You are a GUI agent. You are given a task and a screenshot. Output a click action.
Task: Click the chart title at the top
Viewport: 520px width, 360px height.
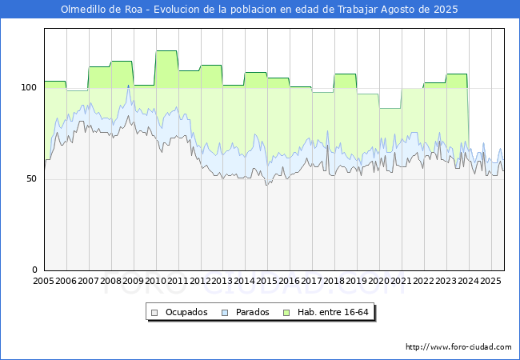(259, 10)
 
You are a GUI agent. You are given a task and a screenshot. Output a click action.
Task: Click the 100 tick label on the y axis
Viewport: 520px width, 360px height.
(29, 87)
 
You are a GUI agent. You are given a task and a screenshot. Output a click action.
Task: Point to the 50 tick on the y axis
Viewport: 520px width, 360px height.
(32, 179)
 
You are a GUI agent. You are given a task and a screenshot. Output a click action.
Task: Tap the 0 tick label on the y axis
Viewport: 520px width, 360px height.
(35, 270)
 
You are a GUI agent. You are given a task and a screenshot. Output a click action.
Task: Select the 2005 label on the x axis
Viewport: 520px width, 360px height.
(43, 281)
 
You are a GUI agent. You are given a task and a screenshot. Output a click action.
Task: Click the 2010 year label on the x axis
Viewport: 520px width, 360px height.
(155, 281)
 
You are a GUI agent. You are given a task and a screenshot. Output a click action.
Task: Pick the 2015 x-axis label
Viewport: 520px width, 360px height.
(267, 281)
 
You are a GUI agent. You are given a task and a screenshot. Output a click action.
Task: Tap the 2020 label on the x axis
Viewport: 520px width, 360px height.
(379, 281)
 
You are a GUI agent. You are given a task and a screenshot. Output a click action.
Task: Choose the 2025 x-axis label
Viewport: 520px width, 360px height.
(490, 281)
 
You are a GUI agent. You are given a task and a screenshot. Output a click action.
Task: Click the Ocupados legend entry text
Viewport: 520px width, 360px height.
(186, 312)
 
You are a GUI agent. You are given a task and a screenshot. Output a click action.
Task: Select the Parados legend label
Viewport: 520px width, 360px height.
(252, 312)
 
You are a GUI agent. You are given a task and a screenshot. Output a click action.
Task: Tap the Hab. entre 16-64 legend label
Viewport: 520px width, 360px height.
(333, 312)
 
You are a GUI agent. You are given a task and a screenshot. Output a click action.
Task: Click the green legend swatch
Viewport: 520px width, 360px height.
(286, 313)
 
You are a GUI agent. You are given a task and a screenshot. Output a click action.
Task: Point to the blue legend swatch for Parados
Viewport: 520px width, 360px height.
(225, 313)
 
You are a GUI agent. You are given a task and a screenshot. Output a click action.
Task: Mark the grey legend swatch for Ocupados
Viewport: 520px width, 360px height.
(154, 313)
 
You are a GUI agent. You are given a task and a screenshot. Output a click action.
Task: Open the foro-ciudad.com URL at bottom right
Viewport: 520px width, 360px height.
(458, 347)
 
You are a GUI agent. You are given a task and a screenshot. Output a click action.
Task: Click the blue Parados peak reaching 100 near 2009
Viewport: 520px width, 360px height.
(128, 86)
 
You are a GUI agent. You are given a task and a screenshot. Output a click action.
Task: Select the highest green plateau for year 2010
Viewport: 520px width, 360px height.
(166, 50)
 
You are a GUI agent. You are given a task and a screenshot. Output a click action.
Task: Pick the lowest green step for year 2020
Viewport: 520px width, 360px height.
(390, 108)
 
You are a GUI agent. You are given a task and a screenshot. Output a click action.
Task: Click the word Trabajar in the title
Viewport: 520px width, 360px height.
(358, 10)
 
